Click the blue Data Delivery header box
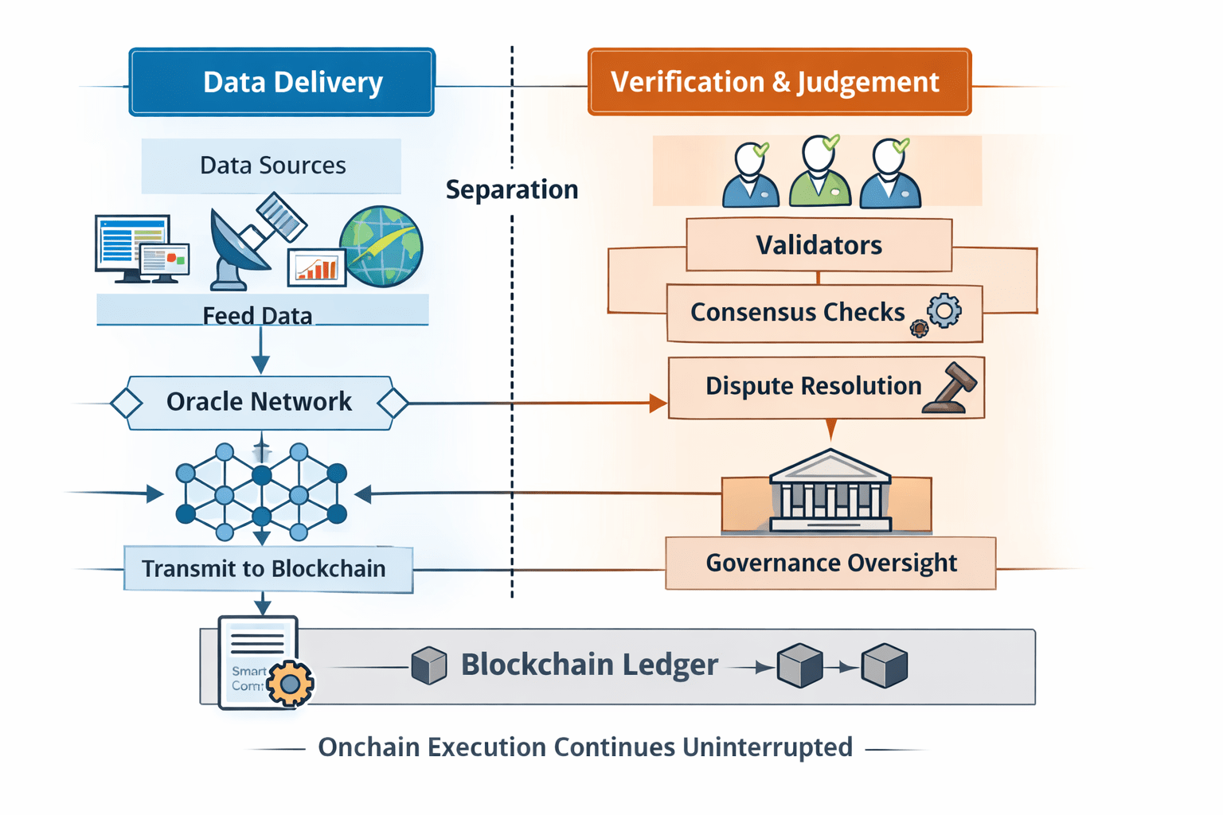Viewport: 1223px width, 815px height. [x=282, y=82]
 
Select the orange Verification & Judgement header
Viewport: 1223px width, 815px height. [x=779, y=82]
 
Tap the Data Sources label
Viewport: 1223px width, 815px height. [x=272, y=166]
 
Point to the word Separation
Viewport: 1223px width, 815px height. [x=511, y=189]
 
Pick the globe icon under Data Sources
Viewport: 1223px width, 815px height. [x=381, y=246]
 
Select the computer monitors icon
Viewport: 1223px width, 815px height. [x=140, y=248]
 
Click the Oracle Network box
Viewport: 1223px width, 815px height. [x=260, y=402]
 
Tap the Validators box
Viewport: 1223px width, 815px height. [x=819, y=245]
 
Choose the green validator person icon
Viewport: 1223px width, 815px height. [x=820, y=173]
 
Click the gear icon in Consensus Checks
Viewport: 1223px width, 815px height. [x=944, y=310]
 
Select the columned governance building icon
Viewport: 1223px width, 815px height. [x=830, y=491]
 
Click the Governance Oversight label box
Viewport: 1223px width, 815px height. [x=830, y=563]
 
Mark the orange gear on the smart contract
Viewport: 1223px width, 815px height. [x=290, y=684]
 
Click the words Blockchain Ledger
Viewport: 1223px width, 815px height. [x=589, y=665]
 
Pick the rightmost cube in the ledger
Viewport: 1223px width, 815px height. [x=885, y=665]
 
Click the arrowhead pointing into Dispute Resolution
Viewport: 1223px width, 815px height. [x=658, y=404]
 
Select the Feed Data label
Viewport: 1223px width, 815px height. [x=257, y=315]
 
